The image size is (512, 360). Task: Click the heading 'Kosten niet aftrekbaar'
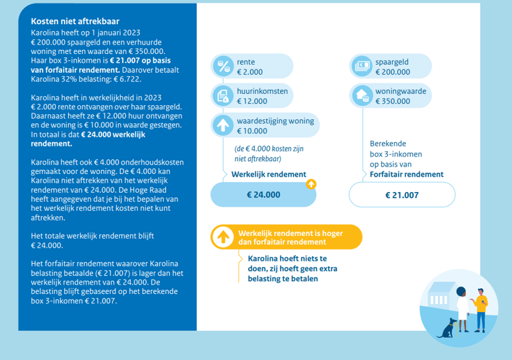75,21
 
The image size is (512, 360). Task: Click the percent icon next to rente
221,66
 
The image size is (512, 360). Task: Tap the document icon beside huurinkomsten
221,96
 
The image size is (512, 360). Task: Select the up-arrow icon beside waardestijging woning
221,125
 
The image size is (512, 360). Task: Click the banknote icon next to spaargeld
362,66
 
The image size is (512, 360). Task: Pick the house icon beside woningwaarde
362,96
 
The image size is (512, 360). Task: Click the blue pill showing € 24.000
263,195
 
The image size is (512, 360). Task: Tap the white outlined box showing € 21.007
402,195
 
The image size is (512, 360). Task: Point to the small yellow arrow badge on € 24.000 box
311,184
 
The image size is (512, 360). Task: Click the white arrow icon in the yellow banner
221,237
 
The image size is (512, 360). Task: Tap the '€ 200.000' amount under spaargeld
393,72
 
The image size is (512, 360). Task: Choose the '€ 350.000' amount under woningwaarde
393,101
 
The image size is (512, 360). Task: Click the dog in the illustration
451,326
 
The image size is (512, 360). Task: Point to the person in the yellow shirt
481,308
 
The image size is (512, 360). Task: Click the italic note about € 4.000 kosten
258,154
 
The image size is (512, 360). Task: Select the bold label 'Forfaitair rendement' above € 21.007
407,174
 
